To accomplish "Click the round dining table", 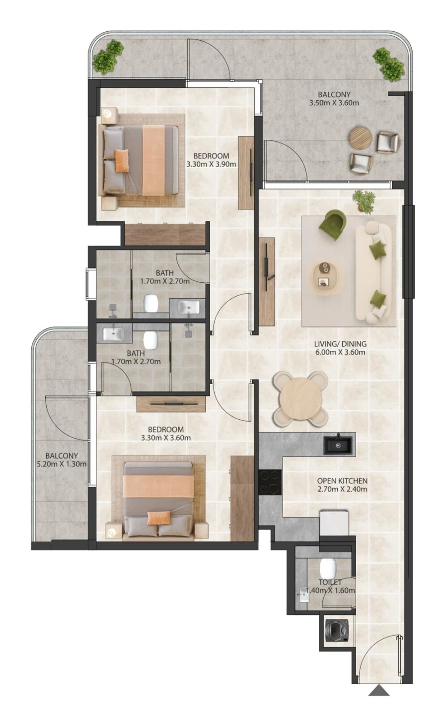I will click(x=299, y=398).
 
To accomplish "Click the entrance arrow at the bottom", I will click(x=379, y=690).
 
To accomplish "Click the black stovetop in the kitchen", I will click(x=270, y=482).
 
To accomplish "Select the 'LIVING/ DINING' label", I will click(x=340, y=343).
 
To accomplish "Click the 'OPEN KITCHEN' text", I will click(x=342, y=480).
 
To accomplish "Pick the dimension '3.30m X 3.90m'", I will click(x=211, y=164).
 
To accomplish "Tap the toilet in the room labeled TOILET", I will click(x=328, y=567).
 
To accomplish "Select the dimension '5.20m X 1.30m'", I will click(x=62, y=464).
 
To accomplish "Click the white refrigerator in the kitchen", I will click(x=334, y=522).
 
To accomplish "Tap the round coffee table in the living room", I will click(x=326, y=275).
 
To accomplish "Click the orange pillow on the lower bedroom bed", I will click(x=157, y=518).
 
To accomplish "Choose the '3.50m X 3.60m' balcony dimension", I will click(x=334, y=103).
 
